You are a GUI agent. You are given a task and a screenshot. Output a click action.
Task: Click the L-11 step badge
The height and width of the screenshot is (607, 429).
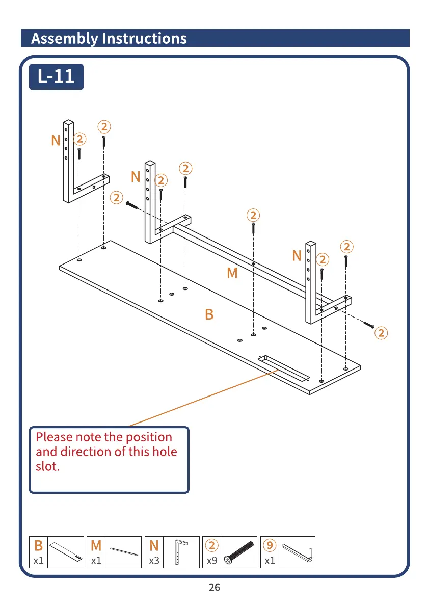[56, 76]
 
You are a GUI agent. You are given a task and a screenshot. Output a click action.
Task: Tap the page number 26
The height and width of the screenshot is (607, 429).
[214, 588]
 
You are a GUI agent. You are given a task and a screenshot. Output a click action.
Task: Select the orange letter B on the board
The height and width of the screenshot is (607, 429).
[209, 315]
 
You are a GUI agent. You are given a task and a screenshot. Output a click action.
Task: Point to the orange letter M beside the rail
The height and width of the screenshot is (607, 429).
[232, 274]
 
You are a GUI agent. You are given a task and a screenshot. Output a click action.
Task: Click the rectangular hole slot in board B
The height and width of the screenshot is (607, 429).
[284, 368]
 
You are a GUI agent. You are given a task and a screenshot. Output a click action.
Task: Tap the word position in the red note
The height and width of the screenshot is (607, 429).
[149, 437]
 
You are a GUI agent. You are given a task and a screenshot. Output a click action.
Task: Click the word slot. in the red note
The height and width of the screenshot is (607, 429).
[47, 466]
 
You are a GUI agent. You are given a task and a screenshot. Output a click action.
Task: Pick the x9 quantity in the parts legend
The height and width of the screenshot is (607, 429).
[212, 561]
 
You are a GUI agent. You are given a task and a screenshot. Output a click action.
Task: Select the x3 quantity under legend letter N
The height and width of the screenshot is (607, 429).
[154, 561]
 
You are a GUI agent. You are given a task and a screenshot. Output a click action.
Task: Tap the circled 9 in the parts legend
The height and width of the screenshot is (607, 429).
[270, 546]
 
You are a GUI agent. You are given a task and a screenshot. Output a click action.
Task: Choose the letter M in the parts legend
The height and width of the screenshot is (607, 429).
[96, 546]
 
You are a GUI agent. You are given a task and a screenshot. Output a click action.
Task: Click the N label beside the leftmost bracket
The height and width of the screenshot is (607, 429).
[56, 141]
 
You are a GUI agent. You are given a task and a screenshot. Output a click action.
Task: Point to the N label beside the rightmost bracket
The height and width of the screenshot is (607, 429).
[297, 256]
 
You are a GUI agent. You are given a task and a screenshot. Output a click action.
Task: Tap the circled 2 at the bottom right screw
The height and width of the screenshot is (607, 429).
[381, 333]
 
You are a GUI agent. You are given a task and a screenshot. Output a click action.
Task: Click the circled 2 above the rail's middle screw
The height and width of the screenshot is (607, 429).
[253, 215]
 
